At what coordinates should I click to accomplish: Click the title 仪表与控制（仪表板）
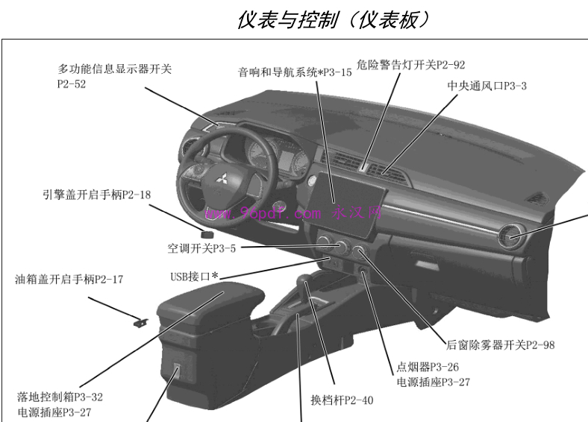pos(334,20)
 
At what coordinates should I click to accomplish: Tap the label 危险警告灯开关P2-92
pos(410,65)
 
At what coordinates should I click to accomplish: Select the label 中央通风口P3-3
pos(487,86)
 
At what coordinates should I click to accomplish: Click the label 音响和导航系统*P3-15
pos(295,72)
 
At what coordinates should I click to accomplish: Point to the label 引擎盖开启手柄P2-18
pos(96,195)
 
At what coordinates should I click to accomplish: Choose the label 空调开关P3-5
pos(201,248)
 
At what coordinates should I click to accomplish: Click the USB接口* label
pos(194,277)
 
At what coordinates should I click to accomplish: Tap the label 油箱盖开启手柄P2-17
pos(69,279)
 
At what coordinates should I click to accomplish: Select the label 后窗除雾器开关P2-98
pos(500,344)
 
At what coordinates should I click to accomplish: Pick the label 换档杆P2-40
pos(342,400)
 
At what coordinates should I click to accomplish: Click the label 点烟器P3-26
pos(428,367)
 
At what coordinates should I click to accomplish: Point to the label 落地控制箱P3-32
pos(60,397)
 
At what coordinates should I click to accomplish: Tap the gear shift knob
pos(304,280)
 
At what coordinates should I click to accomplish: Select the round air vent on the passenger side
pos(511,236)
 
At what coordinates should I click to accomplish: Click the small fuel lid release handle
pos(140,322)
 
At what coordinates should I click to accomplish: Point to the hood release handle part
pos(207,234)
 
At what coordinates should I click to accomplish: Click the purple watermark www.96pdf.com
pos(263,214)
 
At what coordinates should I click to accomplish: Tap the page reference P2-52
pos(72,84)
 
